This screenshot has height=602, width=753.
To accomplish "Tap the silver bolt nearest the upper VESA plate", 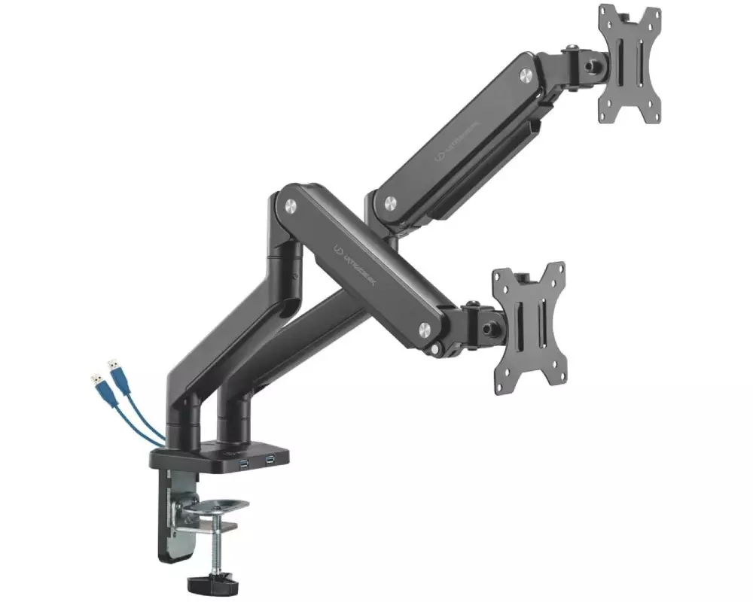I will pos(525,74).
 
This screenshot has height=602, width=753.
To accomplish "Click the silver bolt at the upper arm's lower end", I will pos(390,202).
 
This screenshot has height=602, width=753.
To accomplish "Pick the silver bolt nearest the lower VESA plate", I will pos(425,328).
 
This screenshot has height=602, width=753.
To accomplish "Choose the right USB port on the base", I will pos(269,459).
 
